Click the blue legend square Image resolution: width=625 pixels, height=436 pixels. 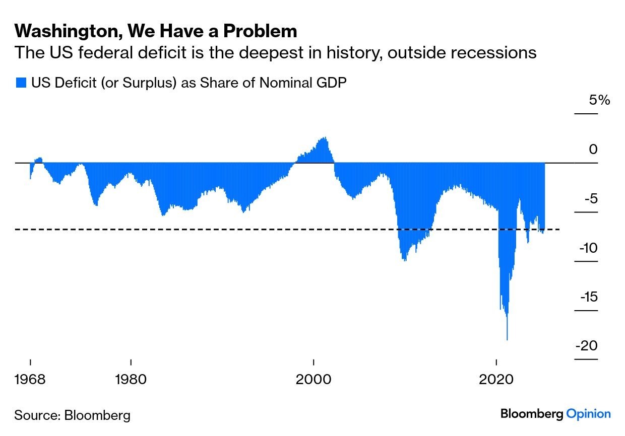pyautogui.click(x=21, y=83)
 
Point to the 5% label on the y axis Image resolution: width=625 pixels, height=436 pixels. pyautogui.click(x=599, y=100)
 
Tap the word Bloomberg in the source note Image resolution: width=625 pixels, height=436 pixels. pyautogui.click(x=97, y=415)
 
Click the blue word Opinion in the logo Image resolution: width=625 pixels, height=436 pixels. pyautogui.click(x=588, y=414)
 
